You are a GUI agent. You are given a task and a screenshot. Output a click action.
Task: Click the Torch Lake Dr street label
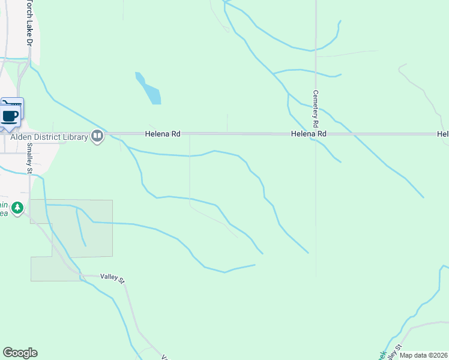28,22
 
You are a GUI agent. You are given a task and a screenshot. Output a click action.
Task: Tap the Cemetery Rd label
315,108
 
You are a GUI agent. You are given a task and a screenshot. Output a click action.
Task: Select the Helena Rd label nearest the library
162,134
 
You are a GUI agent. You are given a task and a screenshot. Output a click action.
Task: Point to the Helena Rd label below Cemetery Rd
309,134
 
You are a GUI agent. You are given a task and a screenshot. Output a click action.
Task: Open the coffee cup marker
10,115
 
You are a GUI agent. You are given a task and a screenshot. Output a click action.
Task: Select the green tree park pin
18,208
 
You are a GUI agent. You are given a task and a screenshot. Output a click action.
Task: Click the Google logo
20,353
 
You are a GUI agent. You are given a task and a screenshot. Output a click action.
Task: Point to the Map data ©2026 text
423,355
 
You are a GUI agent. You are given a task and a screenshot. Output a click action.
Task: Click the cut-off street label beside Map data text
396,350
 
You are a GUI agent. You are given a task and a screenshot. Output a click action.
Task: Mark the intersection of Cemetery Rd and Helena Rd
316,134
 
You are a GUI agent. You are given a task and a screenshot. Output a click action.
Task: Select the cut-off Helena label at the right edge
443,134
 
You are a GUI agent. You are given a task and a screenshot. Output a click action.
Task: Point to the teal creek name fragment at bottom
382,355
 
